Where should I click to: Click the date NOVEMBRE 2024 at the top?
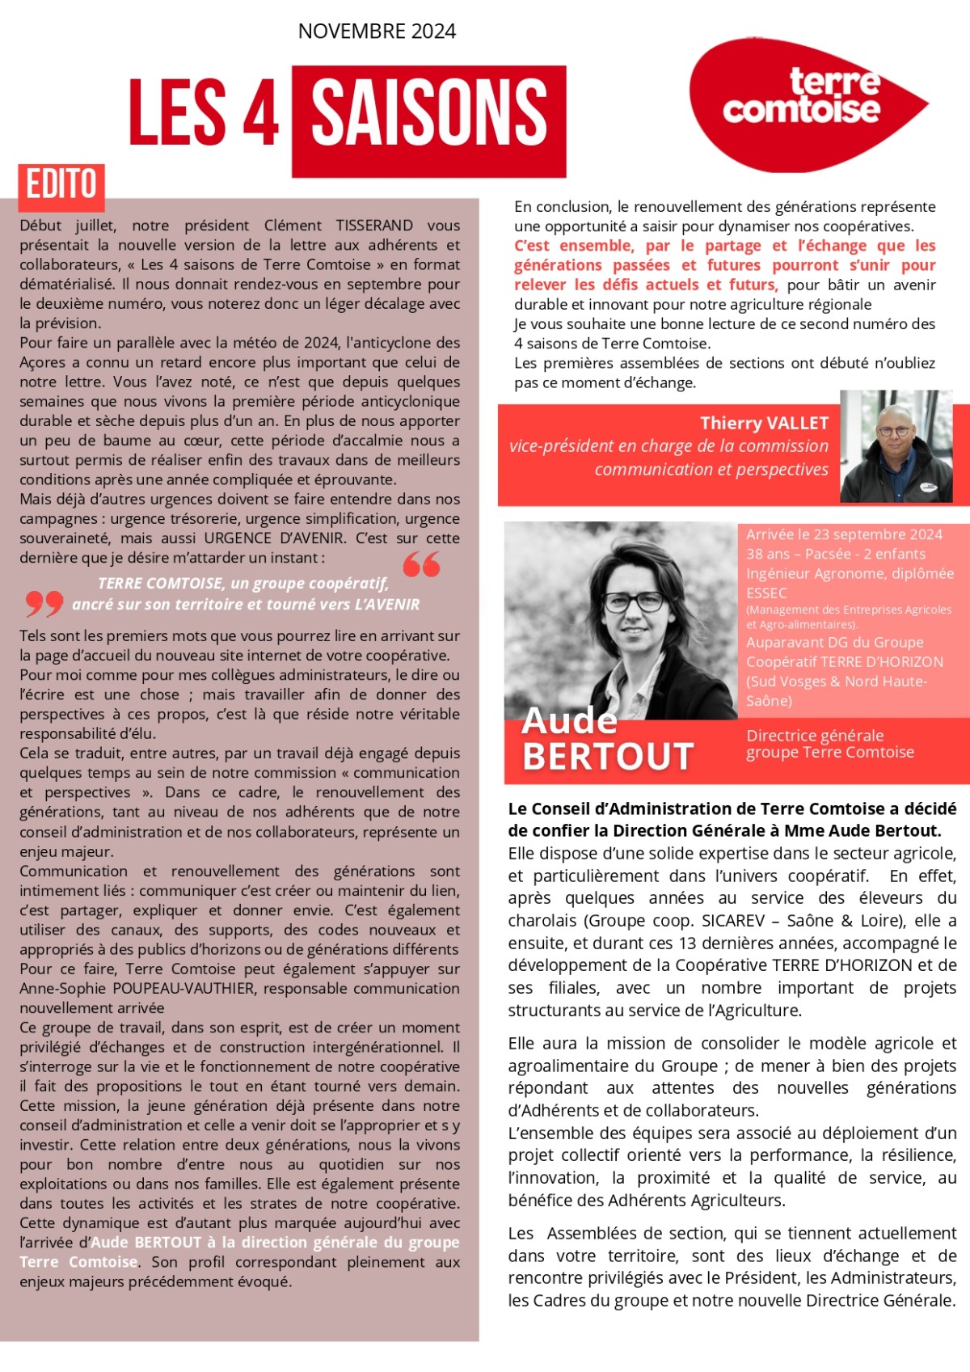[x=377, y=32]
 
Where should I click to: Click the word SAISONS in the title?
[x=428, y=114]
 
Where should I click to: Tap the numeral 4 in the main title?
[x=260, y=114]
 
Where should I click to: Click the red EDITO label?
[x=61, y=184]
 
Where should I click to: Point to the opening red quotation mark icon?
[x=421, y=564]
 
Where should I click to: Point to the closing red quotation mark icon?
[x=44, y=602]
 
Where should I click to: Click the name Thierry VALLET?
[x=764, y=423]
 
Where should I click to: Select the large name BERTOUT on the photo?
[x=608, y=757]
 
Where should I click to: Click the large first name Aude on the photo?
[x=570, y=720]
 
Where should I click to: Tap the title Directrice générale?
[x=815, y=736]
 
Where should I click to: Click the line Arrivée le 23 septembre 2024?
[x=844, y=534]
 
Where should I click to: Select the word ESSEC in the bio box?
[x=766, y=593]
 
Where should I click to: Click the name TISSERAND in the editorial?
[x=374, y=226]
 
